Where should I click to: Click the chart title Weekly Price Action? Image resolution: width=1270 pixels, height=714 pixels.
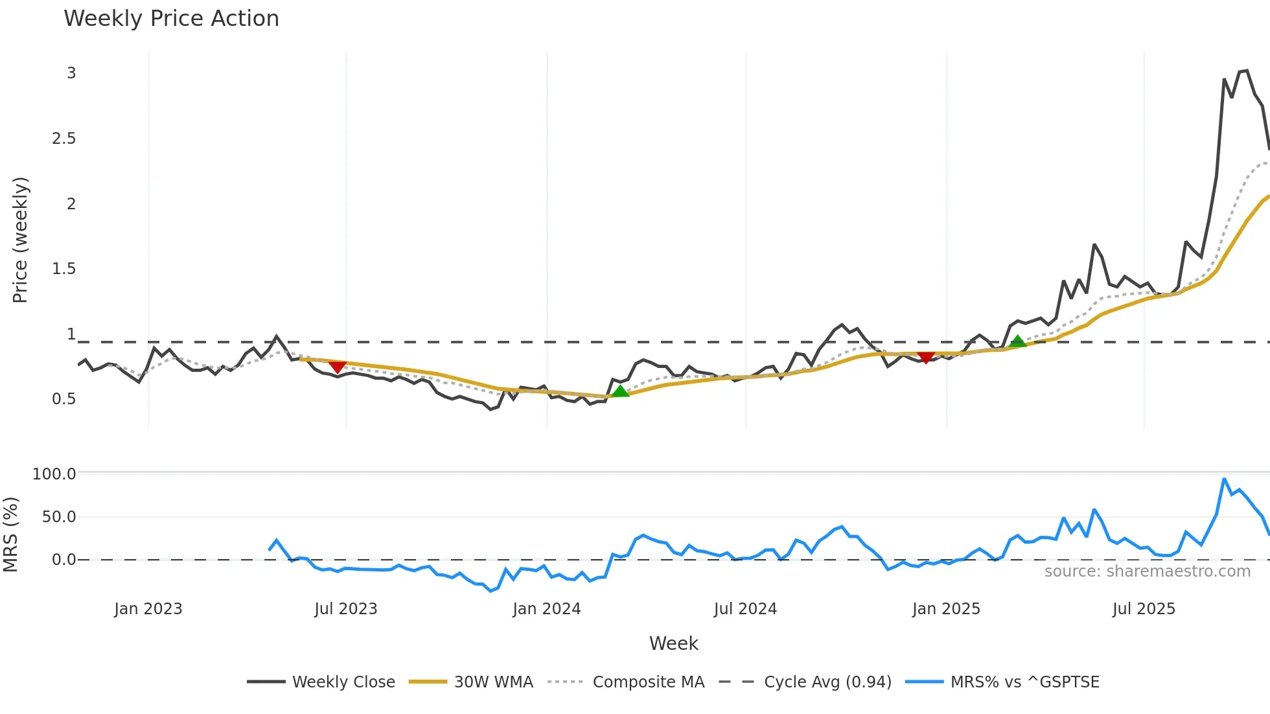tap(171, 19)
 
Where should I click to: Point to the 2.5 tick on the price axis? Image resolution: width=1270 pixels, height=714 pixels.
tap(64, 139)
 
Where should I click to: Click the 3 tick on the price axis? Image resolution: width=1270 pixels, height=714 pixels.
tap(71, 73)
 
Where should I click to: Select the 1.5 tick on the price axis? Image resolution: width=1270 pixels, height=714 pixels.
tap(64, 269)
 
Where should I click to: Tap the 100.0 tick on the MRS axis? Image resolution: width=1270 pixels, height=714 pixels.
tap(54, 474)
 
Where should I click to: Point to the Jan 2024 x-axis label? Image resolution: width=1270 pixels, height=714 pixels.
tap(546, 609)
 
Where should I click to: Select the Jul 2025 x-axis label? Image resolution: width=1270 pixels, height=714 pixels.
tap(1144, 609)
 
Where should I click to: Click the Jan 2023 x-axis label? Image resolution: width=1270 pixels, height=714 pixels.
tap(148, 609)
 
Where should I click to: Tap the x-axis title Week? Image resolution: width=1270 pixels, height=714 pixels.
tap(673, 643)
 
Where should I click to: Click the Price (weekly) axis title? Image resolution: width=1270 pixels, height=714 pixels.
tap(20, 240)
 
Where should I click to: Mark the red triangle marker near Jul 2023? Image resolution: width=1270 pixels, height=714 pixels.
tap(337, 367)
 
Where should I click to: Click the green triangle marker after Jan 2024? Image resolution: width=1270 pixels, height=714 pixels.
tap(620, 391)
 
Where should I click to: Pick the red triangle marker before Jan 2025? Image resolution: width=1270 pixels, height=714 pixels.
tap(926, 357)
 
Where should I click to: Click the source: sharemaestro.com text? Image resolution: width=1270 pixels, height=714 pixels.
tap(1147, 571)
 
